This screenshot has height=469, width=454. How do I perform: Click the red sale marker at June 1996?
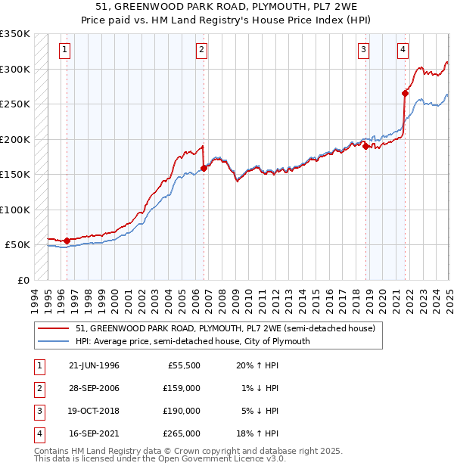click(x=67, y=241)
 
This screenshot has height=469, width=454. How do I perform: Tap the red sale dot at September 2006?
click(x=204, y=168)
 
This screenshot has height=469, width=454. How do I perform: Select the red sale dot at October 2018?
click(x=365, y=146)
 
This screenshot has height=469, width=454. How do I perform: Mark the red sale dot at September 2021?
click(x=405, y=94)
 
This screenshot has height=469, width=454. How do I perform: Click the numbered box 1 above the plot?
click(x=64, y=51)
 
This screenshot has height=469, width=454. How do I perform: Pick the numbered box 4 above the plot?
click(x=403, y=51)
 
